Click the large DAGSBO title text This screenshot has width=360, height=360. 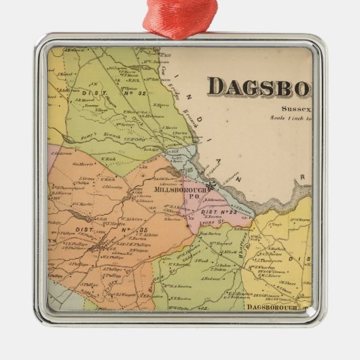259,88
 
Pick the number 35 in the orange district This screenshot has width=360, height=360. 143,230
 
